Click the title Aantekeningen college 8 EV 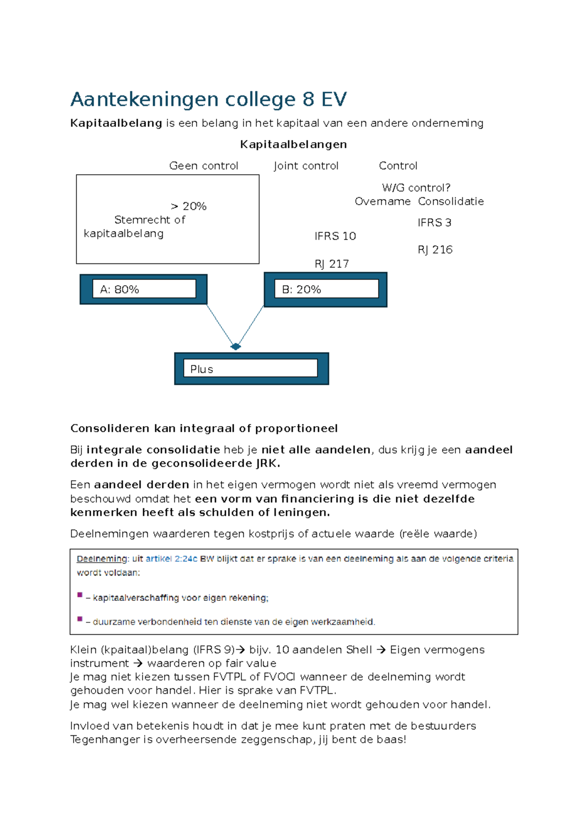click(208, 100)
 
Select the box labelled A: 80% click(144, 289)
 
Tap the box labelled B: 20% click(326, 289)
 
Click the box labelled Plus click(251, 369)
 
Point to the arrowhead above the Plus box click(236, 346)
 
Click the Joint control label click(306, 166)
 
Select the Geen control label click(203, 166)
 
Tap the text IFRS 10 click(335, 236)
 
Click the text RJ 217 click(332, 264)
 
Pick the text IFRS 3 click(434, 223)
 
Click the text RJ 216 click(435, 250)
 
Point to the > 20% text click(189, 206)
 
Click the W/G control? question click(416, 188)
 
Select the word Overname click(382, 201)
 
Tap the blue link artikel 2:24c click(171, 559)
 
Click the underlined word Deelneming click(101, 559)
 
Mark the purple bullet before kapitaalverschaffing click(80, 595)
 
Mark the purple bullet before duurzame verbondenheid click(80, 619)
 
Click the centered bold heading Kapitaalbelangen click(294, 144)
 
